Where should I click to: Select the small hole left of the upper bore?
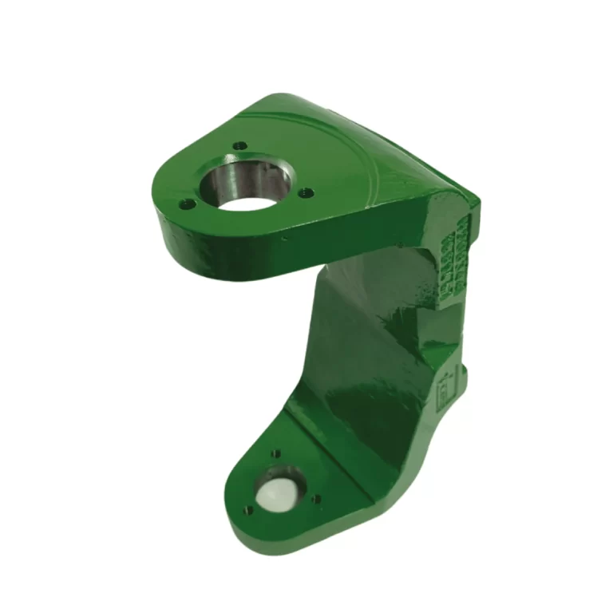click(187, 204)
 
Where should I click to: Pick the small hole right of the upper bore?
click(304, 192)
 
